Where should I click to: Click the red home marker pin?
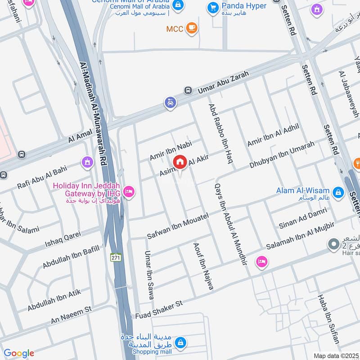pos(180,162)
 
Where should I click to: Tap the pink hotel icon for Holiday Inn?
pos(129,192)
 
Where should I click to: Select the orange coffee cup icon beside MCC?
pos(192,28)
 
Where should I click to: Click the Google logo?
pos(19,353)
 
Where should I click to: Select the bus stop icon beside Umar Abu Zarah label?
pos(188,90)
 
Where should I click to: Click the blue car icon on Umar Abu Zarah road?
pos(170,103)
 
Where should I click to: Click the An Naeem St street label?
pos(71,315)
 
